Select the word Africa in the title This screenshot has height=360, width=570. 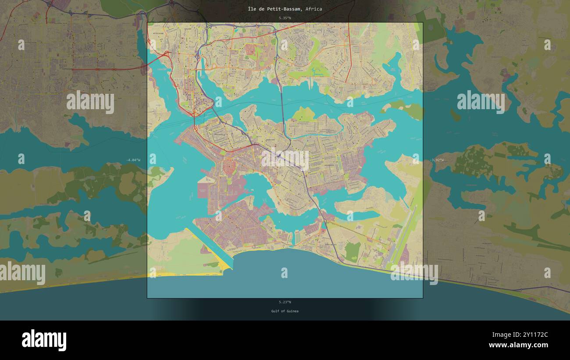pyautogui.click(x=313, y=9)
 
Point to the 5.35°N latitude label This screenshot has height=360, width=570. pyautogui.click(x=285, y=18)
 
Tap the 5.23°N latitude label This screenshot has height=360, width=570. pyautogui.click(x=285, y=302)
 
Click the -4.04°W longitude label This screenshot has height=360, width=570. pyautogui.click(x=133, y=160)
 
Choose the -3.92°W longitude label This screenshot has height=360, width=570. pyautogui.click(x=436, y=160)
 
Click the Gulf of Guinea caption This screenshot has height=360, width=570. pyautogui.click(x=285, y=311)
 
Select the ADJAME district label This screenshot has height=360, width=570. pyautogui.click(x=188, y=29)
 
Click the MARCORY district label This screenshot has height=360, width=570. pyautogui.click(x=271, y=140)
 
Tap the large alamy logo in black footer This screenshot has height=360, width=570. pyautogui.click(x=44, y=340)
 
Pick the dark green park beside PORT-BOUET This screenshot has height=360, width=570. pyautogui.click(x=352, y=251)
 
